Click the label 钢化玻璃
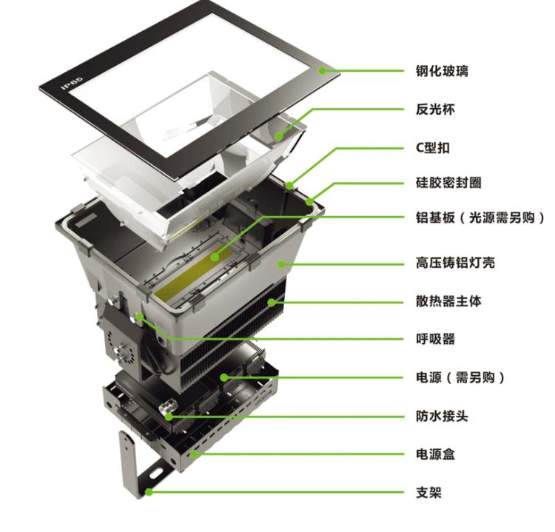pyautogui.click(x=442, y=71)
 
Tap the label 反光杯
pyautogui.click(x=435, y=110)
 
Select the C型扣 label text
pyautogui.click(x=433, y=147)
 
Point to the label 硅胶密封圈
pyautogui.click(x=448, y=183)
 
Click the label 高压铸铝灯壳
pyautogui.click(x=455, y=263)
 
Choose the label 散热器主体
pyautogui.click(x=448, y=301)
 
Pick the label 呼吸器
pyautogui.click(x=435, y=339)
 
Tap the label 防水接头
pyautogui.click(x=442, y=416)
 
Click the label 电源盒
pyautogui.click(x=435, y=454)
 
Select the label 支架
pyautogui.click(x=428, y=492)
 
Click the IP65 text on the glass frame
pyautogui.click(x=73, y=82)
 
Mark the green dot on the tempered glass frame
pyautogui.click(x=322, y=70)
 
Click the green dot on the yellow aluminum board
pyautogui.click(x=215, y=257)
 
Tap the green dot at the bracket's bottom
pyautogui.click(x=149, y=492)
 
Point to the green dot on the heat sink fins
pyautogui.click(x=272, y=303)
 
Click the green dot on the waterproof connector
pyautogui.click(x=169, y=417)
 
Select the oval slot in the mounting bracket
pyautogui.click(x=156, y=473)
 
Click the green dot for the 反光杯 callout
pyautogui.click(x=279, y=136)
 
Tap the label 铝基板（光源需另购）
pyautogui.click(x=480, y=218)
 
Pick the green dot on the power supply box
pyautogui.click(x=194, y=454)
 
